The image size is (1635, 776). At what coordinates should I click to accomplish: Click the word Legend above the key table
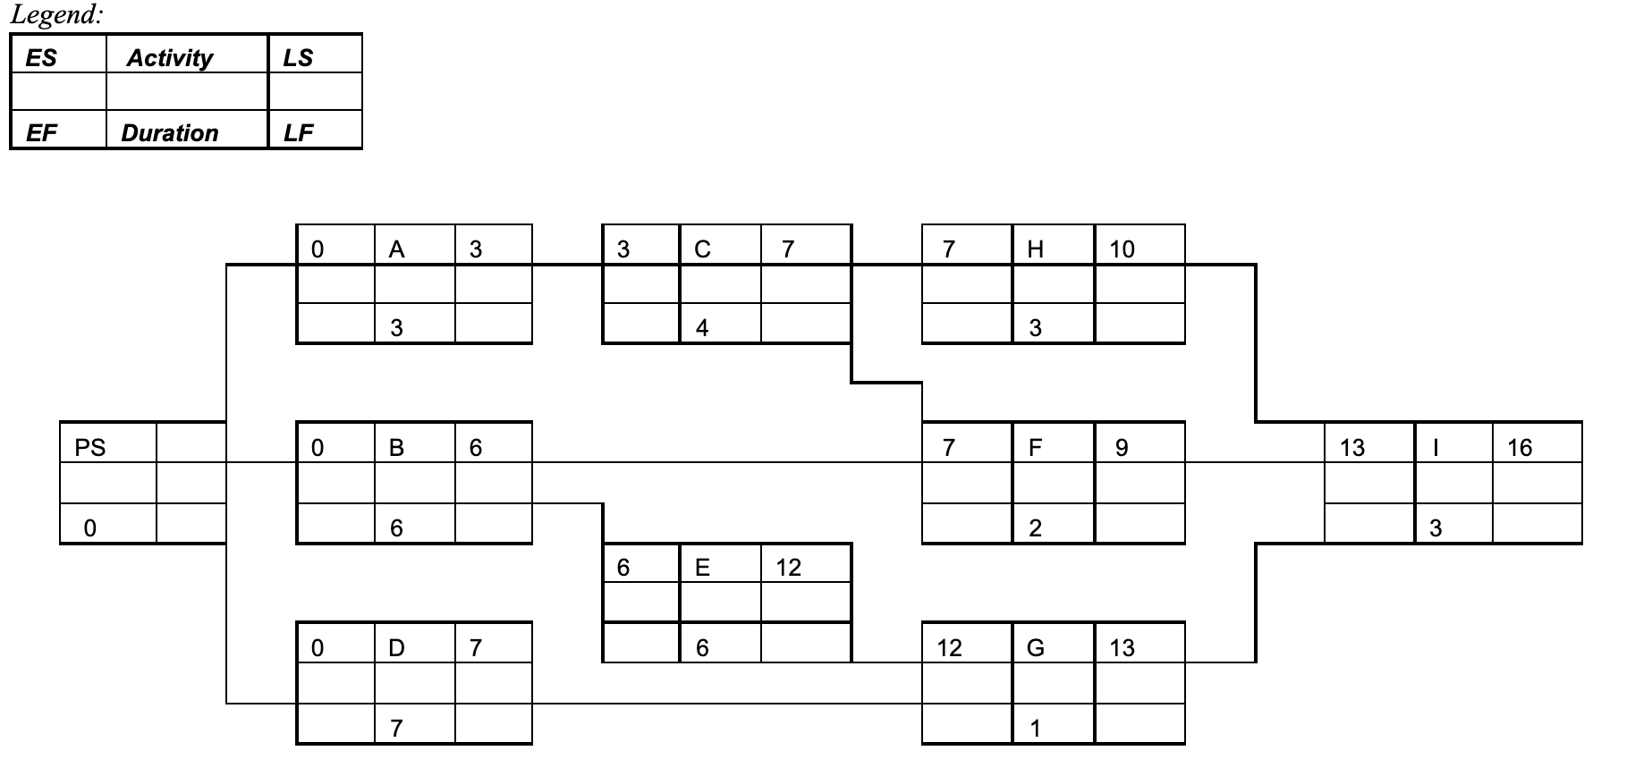tap(55, 15)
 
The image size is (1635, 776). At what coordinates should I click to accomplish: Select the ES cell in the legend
tap(41, 58)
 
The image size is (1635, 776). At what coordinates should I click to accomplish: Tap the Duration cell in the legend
tap(170, 133)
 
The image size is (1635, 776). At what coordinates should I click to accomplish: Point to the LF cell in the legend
tap(299, 133)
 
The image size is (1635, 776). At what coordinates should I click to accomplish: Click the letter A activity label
tap(397, 249)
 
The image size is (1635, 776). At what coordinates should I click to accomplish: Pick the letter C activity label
tap(703, 249)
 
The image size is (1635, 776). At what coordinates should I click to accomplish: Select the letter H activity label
tap(1036, 249)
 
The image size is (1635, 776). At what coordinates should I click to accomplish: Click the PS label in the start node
tap(89, 447)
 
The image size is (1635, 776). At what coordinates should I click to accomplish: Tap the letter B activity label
tap(397, 447)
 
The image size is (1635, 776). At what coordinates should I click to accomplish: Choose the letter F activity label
tap(1036, 447)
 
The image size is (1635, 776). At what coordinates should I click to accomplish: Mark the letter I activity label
tap(1436, 447)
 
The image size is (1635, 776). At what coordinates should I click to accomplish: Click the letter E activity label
tap(703, 568)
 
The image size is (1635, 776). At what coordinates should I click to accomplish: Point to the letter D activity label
tap(397, 647)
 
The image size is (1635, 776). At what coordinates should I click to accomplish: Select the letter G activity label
tap(1036, 647)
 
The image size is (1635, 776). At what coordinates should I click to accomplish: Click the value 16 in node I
tap(1520, 447)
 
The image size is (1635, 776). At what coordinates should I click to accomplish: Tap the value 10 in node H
tap(1122, 249)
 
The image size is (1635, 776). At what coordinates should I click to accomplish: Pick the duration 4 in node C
tap(702, 328)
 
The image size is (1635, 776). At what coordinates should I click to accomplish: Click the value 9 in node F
tap(1122, 447)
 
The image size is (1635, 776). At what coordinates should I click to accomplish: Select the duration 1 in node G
tap(1035, 729)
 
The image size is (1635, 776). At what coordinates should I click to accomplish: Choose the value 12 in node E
tap(788, 568)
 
